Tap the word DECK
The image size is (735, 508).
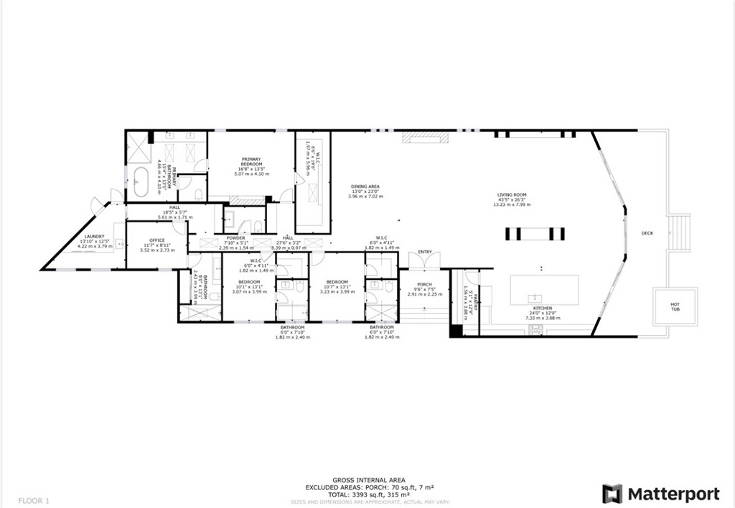(647, 233)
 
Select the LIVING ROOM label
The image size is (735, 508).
(512, 195)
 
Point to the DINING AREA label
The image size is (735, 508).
(365, 187)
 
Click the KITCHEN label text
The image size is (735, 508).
(542, 309)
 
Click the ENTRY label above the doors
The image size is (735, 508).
(425, 252)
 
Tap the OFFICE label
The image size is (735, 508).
(156, 240)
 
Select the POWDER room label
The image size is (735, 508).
(235, 238)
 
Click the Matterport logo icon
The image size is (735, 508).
(612, 494)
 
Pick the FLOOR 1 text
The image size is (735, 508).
(32, 499)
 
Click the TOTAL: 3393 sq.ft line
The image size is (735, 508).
(369, 495)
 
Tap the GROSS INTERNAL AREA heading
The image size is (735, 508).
(369, 480)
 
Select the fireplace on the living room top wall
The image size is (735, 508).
(424, 136)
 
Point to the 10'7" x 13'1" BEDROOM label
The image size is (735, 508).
(337, 282)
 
